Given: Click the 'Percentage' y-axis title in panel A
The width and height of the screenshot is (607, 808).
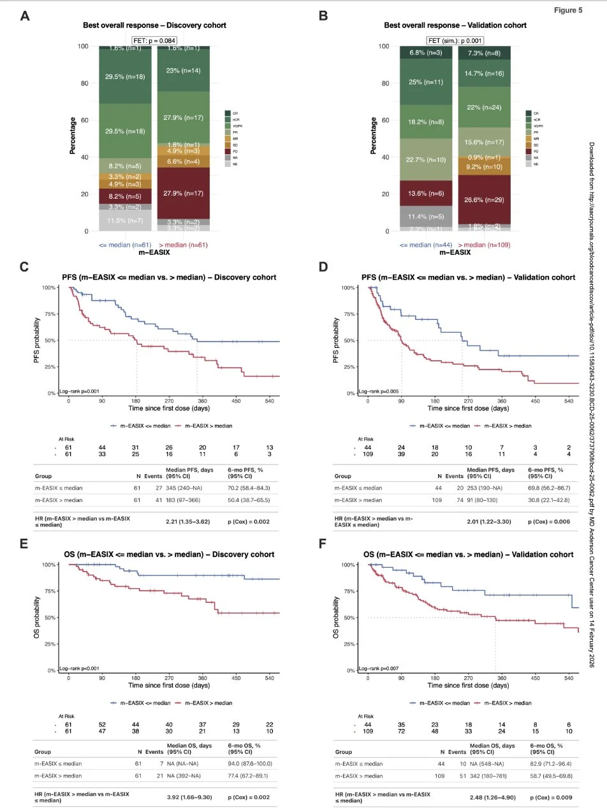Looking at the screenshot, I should [73, 136].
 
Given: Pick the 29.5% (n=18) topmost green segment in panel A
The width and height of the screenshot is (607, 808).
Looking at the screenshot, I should [125, 76].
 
